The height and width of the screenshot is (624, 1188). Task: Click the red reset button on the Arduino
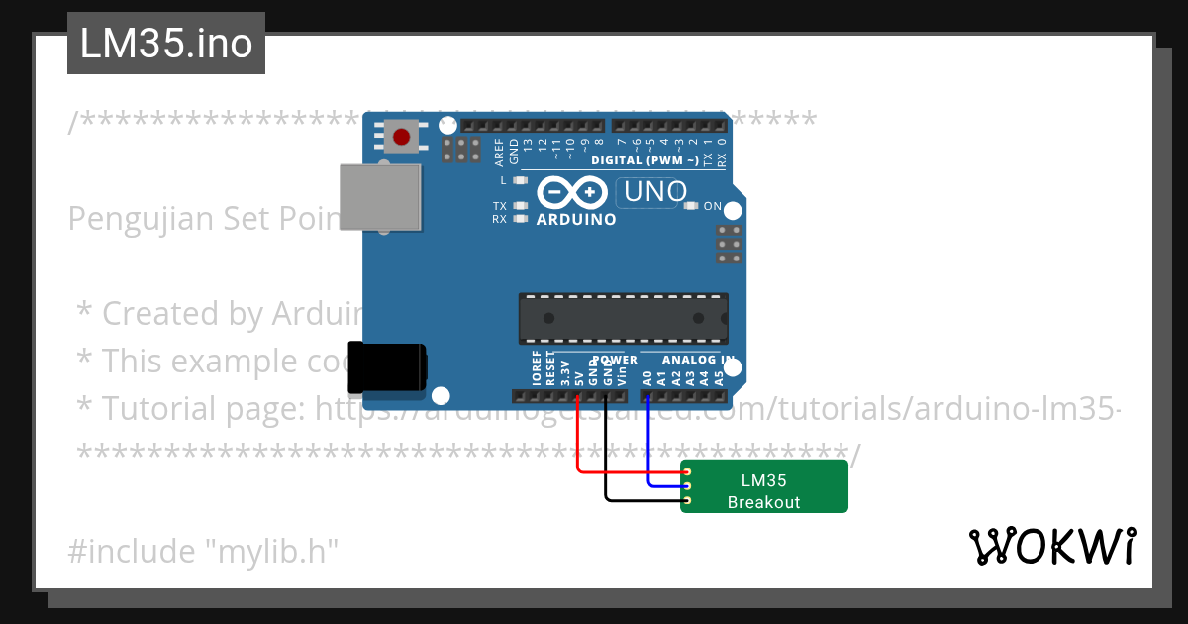coord(402,137)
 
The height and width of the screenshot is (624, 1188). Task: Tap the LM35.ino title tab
coord(166,44)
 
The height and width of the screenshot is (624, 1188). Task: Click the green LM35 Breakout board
coord(763,486)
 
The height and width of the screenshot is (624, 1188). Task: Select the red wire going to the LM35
coord(614,473)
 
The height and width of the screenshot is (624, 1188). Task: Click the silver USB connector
coord(379,198)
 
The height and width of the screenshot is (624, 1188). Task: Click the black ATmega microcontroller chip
coord(624,318)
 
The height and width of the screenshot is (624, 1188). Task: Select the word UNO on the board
coord(654,191)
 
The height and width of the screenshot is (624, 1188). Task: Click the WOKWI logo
coord(1051,546)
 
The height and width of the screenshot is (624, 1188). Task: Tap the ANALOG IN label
coord(698,360)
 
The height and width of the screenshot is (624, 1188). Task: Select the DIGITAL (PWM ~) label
coord(644,160)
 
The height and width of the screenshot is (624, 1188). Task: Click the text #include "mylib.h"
coord(203,551)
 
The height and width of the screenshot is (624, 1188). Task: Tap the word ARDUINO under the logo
coord(575,219)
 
